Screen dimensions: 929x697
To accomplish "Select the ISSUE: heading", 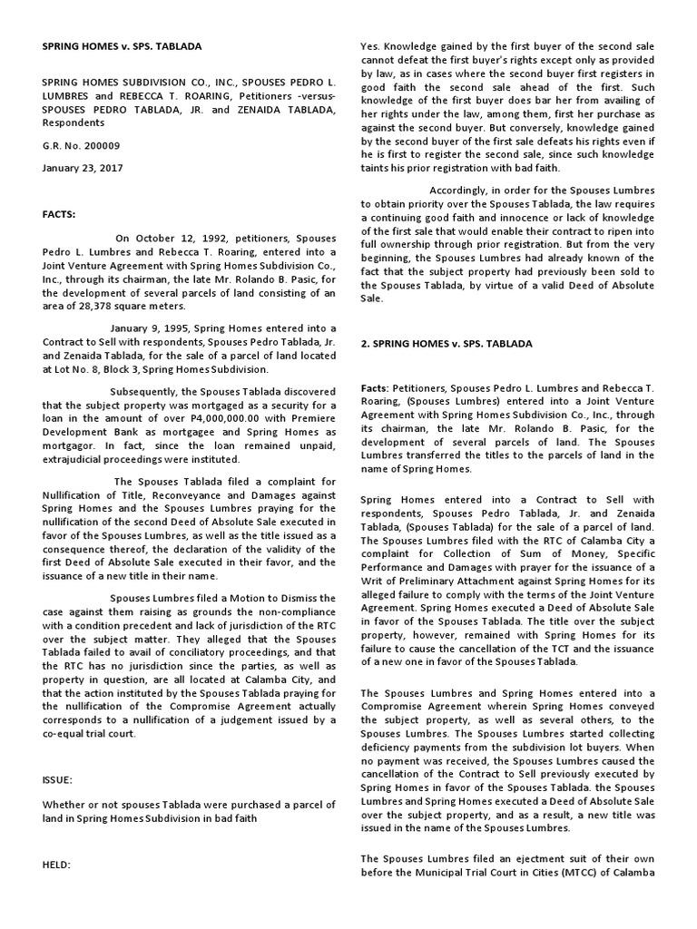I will (59, 779).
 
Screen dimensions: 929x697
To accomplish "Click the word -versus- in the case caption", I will (306, 93).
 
